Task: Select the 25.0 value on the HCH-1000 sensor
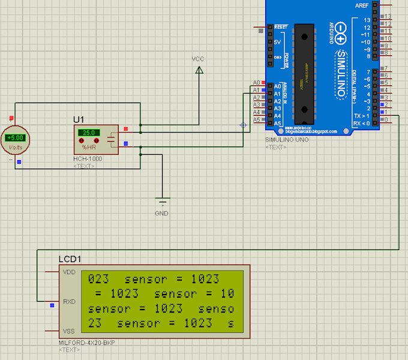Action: click(90, 133)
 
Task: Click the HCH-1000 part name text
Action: click(88, 159)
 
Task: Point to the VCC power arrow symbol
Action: click(199, 71)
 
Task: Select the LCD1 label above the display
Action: click(70, 259)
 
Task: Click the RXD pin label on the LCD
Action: click(69, 302)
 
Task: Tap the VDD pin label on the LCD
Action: click(69, 272)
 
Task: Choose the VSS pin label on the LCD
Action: click(69, 331)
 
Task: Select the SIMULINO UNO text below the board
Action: click(286, 140)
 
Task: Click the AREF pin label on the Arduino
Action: click(362, 5)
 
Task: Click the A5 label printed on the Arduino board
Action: click(277, 122)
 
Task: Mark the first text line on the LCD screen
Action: click(154, 279)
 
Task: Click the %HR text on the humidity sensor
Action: click(89, 147)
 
